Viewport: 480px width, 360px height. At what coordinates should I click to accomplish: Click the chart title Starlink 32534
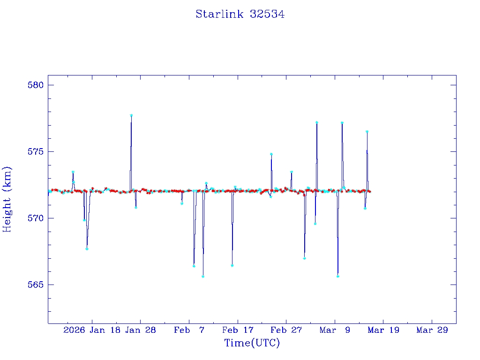[240, 15]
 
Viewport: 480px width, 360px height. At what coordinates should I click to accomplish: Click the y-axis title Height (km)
[7, 199]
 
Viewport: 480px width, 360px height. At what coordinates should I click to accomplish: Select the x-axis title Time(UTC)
[252, 343]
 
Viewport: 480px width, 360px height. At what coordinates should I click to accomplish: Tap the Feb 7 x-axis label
[189, 330]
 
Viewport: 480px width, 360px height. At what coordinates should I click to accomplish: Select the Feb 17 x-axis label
[238, 330]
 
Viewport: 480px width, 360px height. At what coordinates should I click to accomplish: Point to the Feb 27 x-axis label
[286, 330]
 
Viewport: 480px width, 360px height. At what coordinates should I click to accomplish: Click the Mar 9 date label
[335, 330]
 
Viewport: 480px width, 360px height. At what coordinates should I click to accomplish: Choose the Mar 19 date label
[383, 330]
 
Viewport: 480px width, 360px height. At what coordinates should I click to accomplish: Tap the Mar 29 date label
[432, 330]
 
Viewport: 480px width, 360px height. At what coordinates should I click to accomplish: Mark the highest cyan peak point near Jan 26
[131, 115]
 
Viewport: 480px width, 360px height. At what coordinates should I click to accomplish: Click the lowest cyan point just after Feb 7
[203, 277]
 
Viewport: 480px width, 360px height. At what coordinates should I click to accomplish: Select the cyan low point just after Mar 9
[337, 276]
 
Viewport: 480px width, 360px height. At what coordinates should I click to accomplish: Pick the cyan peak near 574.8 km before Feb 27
[271, 154]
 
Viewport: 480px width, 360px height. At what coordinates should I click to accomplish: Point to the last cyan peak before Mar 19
[367, 132]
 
